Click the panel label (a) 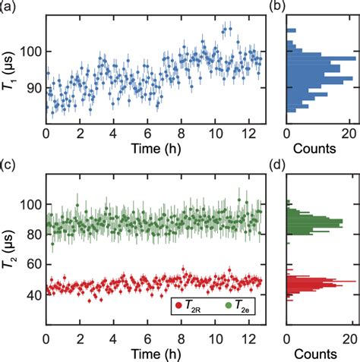9,7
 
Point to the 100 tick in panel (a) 33,52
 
